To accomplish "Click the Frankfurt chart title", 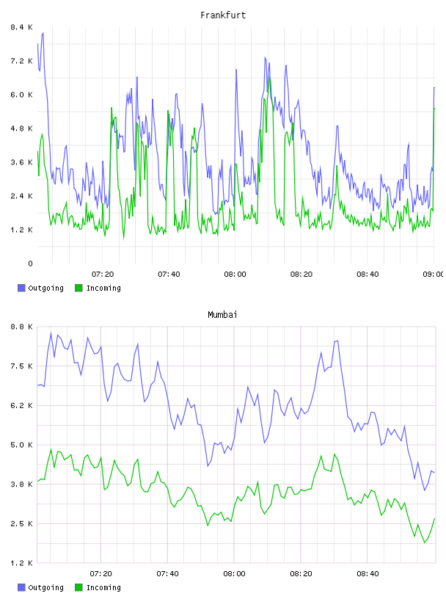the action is click(223, 15).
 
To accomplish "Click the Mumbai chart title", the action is click(222, 315).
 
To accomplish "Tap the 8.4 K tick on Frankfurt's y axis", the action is click(21, 27).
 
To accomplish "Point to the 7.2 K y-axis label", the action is click(21, 61).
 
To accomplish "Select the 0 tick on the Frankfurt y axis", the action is click(30, 264).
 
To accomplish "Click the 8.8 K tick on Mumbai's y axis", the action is click(21, 327).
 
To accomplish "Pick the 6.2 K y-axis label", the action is click(21, 405).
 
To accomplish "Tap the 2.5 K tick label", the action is click(21, 523).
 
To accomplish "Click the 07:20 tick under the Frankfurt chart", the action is click(103, 274).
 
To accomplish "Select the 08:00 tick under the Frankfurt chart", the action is click(235, 274).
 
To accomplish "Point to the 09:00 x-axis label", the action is click(433, 274).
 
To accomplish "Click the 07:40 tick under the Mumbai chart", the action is click(168, 573).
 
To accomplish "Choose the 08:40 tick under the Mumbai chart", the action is click(368, 573).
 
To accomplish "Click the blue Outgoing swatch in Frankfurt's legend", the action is click(21, 288).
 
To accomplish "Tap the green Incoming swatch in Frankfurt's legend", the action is click(78, 288).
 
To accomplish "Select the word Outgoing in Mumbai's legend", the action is click(45, 587).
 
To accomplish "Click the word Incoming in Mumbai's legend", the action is click(103, 587).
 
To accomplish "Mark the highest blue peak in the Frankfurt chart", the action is click(43, 33).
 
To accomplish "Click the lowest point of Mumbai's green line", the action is click(425, 542).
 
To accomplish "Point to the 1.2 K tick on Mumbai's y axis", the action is click(21, 563).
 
